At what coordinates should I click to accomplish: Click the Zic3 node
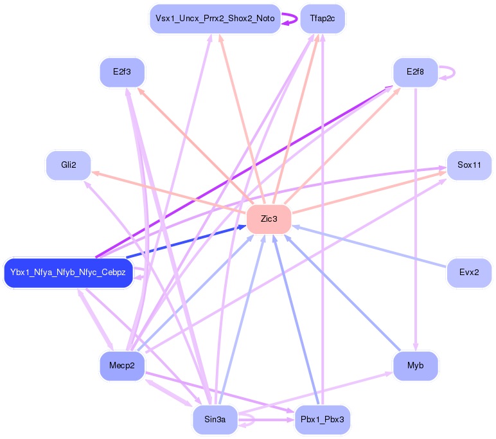[x=269, y=219]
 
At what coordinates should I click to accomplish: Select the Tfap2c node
[x=323, y=19]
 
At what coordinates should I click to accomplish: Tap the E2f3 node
[x=122, y=72]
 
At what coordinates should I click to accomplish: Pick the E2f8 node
[x=415, y=72]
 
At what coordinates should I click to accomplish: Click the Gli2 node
[x=69, y=165]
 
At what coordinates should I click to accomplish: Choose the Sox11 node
[x=469, y=165]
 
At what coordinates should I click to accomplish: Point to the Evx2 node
[x=469, y=272]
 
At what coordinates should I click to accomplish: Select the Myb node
[x=415, y=366]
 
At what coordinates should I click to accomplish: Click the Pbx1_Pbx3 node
[x=323, y=420]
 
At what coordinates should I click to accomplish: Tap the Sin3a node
[x=215, y=420]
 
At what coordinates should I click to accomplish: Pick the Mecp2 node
[x=122, y=366]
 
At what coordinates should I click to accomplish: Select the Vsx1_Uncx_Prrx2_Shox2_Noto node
[x=215, y=19]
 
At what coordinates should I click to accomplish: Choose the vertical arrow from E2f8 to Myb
[x=416, y=219]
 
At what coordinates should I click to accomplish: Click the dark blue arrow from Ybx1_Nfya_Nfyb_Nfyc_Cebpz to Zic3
[x=186, y=243]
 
